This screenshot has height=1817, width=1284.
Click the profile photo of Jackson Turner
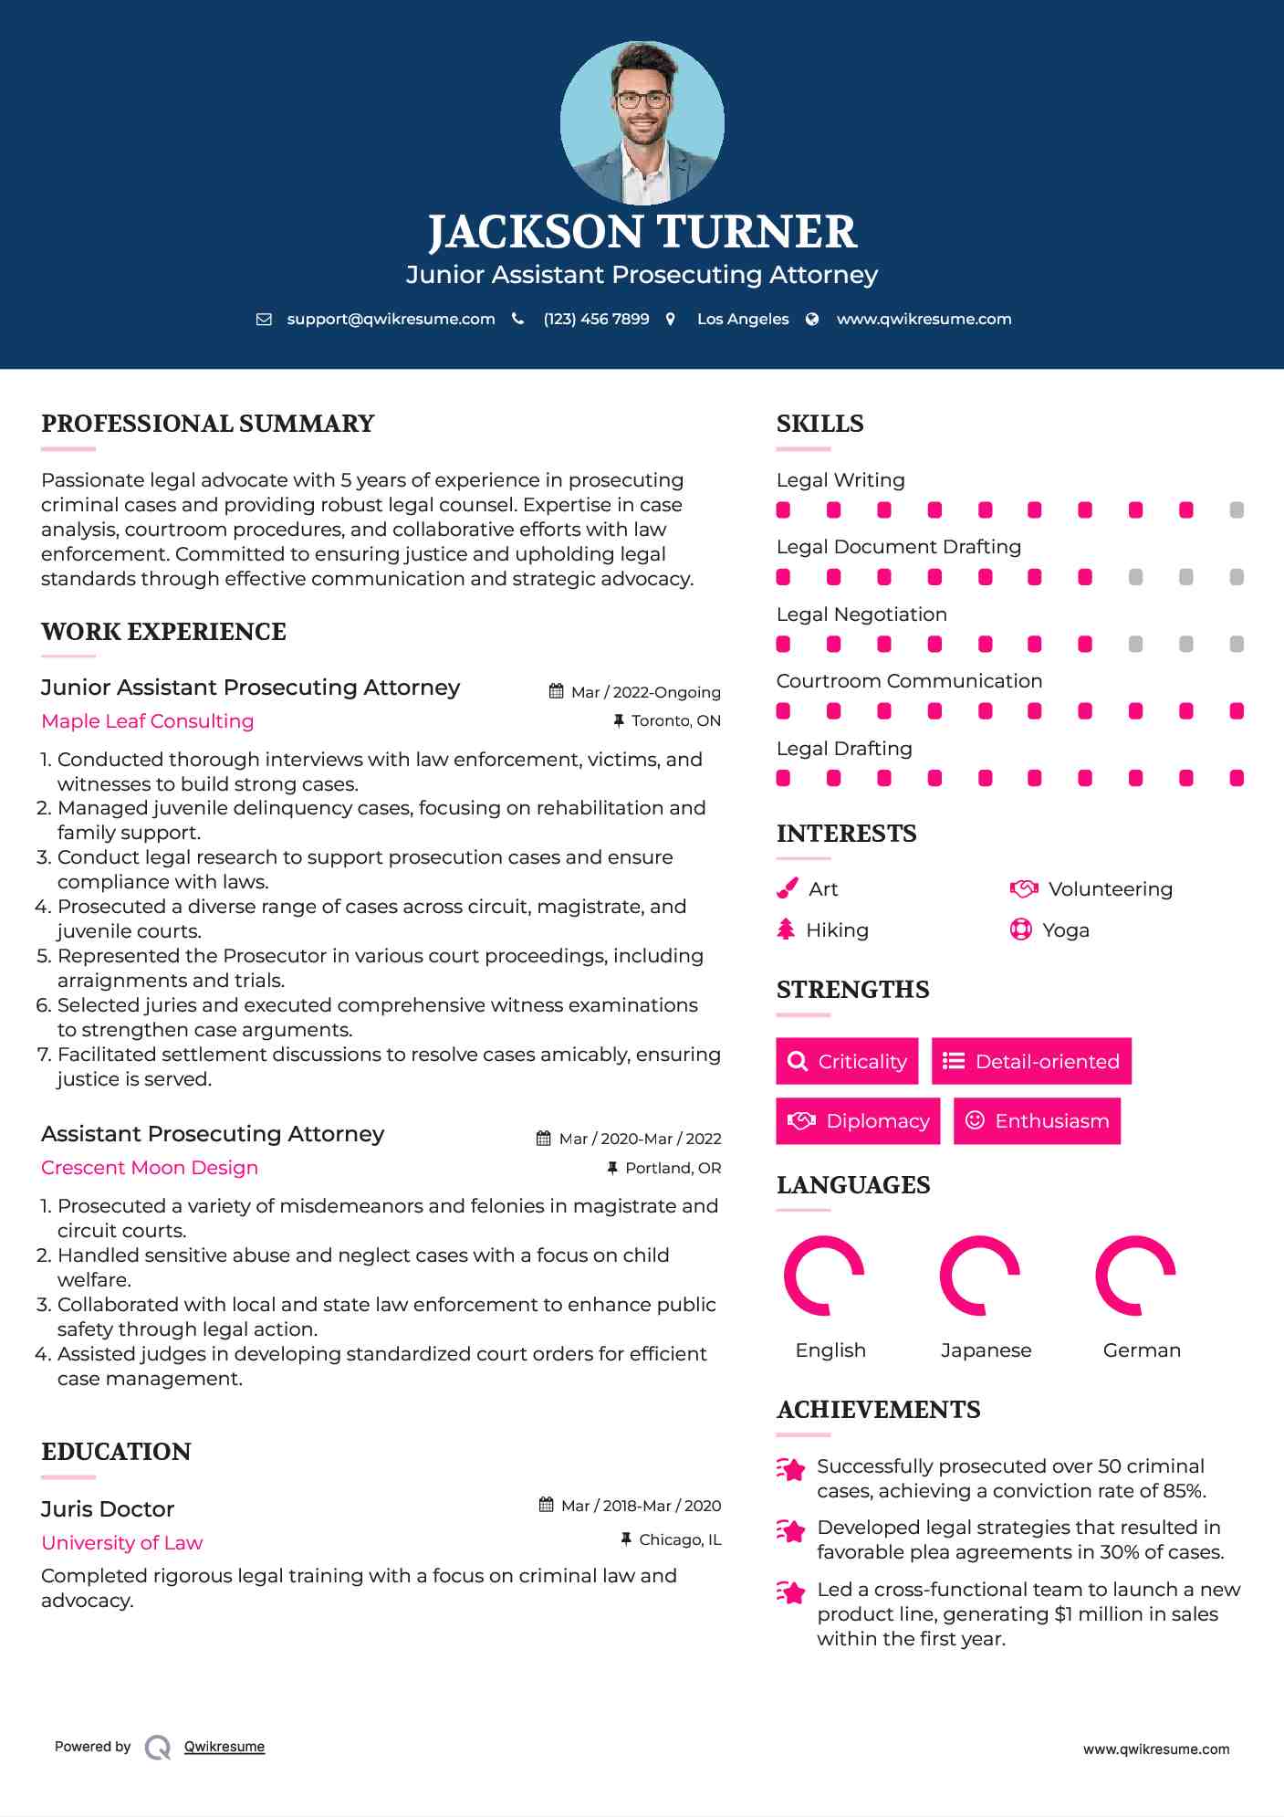642,122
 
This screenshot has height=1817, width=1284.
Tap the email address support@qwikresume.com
391,319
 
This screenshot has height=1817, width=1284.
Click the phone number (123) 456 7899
596,319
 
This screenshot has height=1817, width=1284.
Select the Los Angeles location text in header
743,319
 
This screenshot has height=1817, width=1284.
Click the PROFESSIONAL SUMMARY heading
208,424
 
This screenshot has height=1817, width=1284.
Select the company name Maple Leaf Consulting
148,721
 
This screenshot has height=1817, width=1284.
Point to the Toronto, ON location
675,720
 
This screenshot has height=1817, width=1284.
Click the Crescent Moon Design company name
150,1168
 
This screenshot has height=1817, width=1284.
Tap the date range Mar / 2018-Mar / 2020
641,1506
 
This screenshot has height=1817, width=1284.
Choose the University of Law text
122,1543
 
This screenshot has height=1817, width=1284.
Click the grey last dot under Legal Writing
1237,510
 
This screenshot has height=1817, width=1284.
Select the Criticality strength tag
847,1061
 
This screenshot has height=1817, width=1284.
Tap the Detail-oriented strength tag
1031,1061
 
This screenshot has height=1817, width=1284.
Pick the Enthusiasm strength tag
1037,1120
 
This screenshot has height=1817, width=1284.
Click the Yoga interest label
1066,930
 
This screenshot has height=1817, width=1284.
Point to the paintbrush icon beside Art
787,888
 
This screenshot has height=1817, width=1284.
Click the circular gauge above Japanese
979,1276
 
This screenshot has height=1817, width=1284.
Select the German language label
1142,1350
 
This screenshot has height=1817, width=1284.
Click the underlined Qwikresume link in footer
224,1747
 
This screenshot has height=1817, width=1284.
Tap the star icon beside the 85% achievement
791,1469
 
